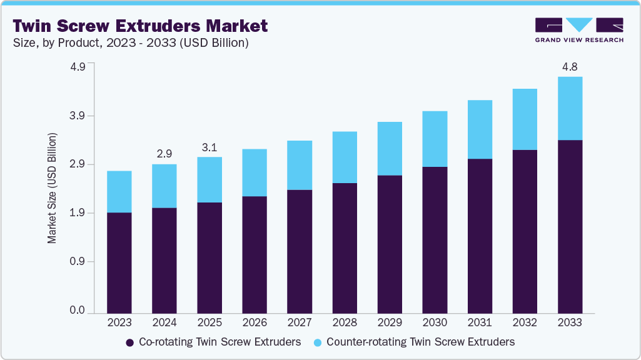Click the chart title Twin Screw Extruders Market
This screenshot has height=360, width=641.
(x=140, y=26)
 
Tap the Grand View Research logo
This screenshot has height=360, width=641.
(x=579, y=30)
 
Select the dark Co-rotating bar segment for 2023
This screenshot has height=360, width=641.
(x=119, y=262)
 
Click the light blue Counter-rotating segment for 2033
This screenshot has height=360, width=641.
(x=569, y=108)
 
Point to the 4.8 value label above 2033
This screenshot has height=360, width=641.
(x=569, y=66)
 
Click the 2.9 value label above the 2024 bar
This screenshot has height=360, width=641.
(x=164, y=153)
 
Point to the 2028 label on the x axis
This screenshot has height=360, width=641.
(x=344, y=323)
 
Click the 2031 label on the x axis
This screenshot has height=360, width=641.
(x=479, y=323)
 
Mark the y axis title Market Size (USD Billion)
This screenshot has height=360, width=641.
(x=53, y=188)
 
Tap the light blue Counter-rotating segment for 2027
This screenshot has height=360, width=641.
(x=299, y=165)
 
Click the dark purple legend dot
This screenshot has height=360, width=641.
(x=130, y=342)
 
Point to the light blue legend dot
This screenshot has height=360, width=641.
(x=317, y=342)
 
